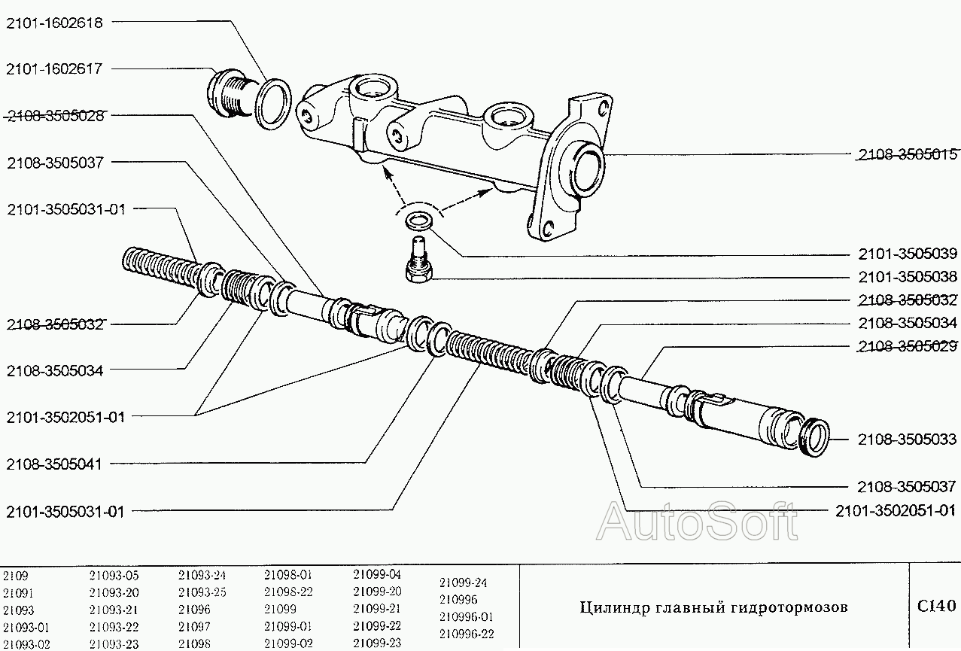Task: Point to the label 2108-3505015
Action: tap(908, 155)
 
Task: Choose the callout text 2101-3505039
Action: tap(908, 254)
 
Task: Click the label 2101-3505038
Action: tap(908, 276)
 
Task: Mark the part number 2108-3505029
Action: tap(908, 346)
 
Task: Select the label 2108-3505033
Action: tap(908, 439)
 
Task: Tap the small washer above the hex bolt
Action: tap(418, 221)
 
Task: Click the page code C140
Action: tap(936, 606)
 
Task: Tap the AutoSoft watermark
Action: tap(697, 521)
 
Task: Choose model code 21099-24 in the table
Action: tap(463, 583)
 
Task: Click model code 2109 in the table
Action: tap(15, 576)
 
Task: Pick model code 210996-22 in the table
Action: tap(467, 634)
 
